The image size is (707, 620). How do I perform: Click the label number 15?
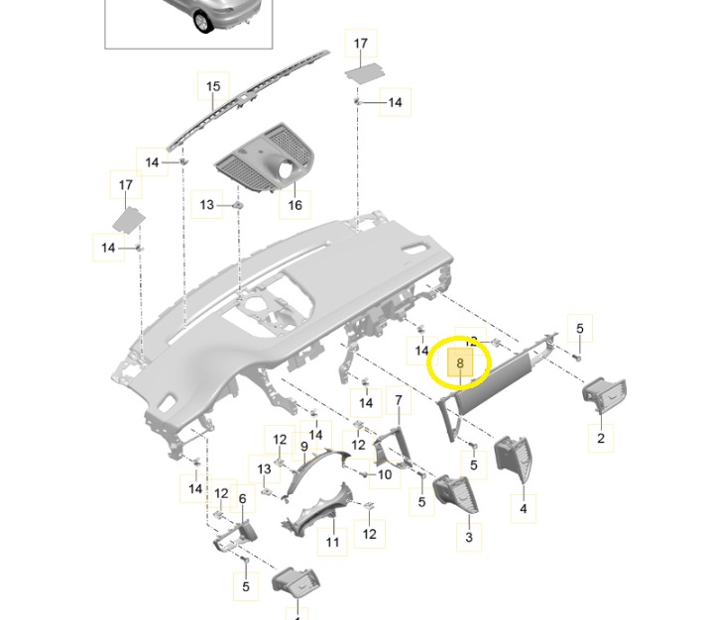(212, 87)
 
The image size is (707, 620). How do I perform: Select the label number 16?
(295, 205)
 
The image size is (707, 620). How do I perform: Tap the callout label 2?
(600, 437)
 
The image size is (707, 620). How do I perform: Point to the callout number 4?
(523, 509)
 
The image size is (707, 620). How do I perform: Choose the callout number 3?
(469, 538)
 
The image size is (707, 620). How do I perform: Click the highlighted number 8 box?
(461, 363)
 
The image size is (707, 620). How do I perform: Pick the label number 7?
(399, 400)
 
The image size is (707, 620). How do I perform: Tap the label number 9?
(304, 447)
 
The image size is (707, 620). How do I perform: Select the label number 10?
(385, 474)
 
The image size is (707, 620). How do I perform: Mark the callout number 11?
(333, 542)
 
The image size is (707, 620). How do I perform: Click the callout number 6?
(241, 501)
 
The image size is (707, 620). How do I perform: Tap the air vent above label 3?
(456, 492)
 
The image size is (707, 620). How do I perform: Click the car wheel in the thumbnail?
(203, 20)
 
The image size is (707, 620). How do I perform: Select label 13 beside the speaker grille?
(206, 204)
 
